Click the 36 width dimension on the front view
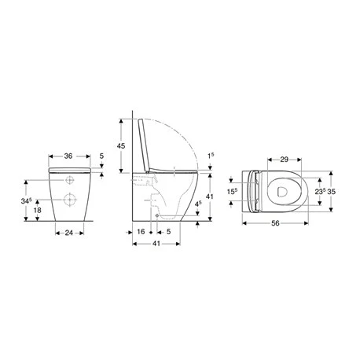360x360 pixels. point(69,156)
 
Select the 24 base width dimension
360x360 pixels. point(69,233)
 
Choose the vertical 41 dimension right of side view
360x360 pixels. point(210,195)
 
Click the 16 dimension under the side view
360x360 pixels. point(141,233)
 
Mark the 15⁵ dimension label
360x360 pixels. point(231,191)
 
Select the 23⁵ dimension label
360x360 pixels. point(318,190)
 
